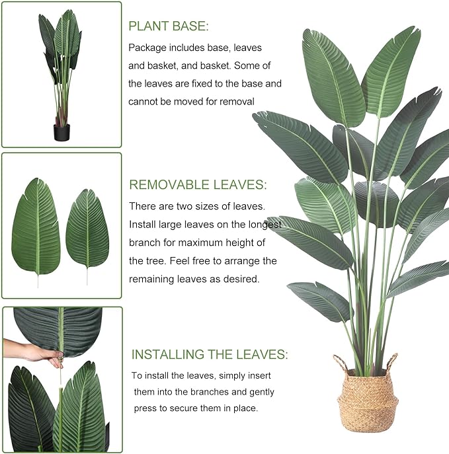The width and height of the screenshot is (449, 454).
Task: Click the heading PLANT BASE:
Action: pos(168,26)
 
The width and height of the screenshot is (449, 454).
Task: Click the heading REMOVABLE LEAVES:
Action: pos(198,185)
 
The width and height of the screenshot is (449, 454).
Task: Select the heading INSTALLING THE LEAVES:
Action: pos(210,355)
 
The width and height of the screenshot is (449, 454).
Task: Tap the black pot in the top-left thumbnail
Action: pos(61,132)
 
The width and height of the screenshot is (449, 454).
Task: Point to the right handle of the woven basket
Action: pos(391,361)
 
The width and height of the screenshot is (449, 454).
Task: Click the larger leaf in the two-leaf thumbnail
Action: pos(36,228)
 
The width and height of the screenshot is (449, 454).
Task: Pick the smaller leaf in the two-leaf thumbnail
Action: pos(87,229)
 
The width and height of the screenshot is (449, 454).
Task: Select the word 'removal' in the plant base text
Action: pos(237,101)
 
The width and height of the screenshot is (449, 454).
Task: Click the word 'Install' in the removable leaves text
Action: pos(143,225)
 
